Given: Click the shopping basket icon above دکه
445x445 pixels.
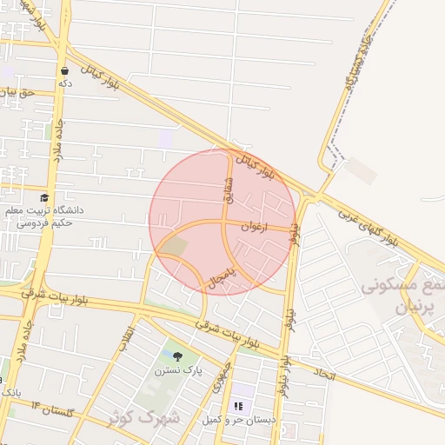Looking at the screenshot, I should pyautogui.click(x=64, y=70).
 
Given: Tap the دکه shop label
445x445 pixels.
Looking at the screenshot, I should pyautogui.click(x=64, y=83).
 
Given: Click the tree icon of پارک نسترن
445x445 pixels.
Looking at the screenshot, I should pyautogui.click(x=177, y=356).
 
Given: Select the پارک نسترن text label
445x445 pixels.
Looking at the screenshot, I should pyautogui.click(x=178, y=371).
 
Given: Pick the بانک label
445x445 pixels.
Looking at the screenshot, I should pyautogui.click(x=10, y=393).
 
